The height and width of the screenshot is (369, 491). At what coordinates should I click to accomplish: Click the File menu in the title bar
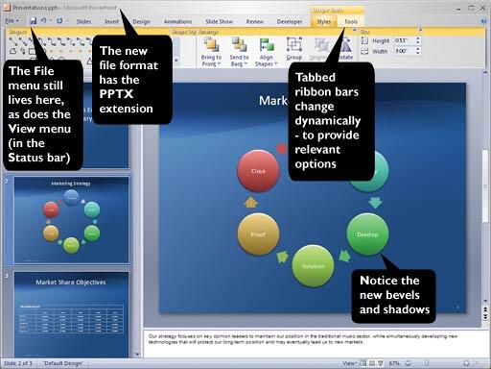[11, 19]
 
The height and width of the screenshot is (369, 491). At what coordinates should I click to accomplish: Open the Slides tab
[83, 19]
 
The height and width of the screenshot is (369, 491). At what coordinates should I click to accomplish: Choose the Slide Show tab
[219, 19]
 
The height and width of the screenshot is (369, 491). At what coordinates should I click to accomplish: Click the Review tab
[255, 19]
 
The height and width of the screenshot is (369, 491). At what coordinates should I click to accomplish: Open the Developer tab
[290, 19]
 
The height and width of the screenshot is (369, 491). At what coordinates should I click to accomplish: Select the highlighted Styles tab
[324, 19]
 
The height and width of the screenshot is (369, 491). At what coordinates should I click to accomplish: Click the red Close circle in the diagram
[257, 170]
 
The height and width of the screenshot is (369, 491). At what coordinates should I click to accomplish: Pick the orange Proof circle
[257, 234]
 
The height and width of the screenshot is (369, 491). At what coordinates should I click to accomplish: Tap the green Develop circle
[367, 234]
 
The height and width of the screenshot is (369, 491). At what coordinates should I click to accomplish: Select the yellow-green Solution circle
[313, 265]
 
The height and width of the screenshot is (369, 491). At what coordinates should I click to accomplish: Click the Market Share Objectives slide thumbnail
[71, 303]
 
